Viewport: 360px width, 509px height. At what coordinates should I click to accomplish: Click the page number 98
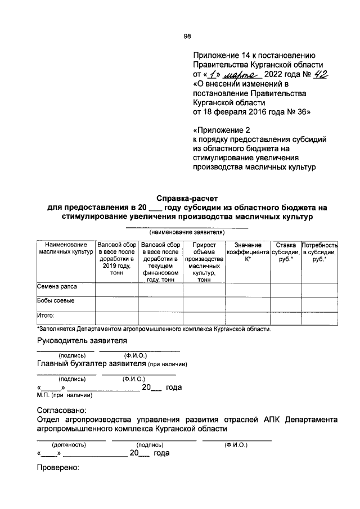point(187,37)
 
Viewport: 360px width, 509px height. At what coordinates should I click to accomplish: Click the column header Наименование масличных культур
point(66,249)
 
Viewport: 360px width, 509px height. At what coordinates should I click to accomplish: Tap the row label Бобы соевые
point(56,301)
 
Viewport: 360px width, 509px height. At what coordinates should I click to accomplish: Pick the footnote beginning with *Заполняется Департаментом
point(154,329)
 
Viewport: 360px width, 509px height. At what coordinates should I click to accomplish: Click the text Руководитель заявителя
point(82,341)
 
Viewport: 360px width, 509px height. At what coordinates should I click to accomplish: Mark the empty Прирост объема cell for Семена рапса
point(204,289)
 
